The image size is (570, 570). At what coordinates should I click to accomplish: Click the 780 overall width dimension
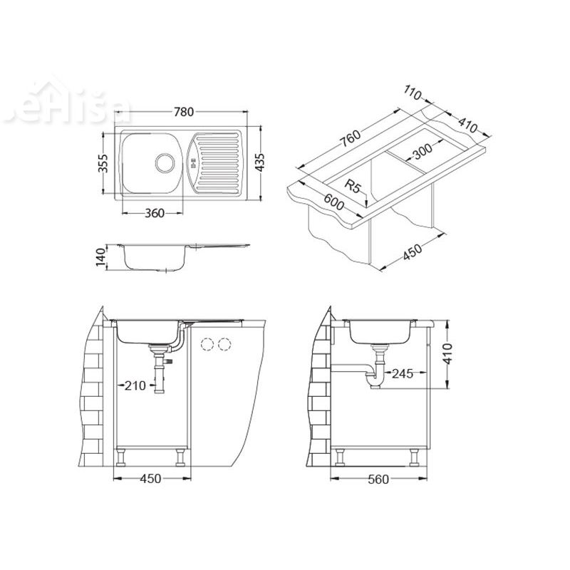tap(184, 112)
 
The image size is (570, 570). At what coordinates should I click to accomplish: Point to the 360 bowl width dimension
tap(154, 213)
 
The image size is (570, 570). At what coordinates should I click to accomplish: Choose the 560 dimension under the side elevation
tap(378, 479)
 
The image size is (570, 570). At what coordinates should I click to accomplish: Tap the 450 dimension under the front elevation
tap(150, 479)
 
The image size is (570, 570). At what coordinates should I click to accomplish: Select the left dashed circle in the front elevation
tap(208, 345)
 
